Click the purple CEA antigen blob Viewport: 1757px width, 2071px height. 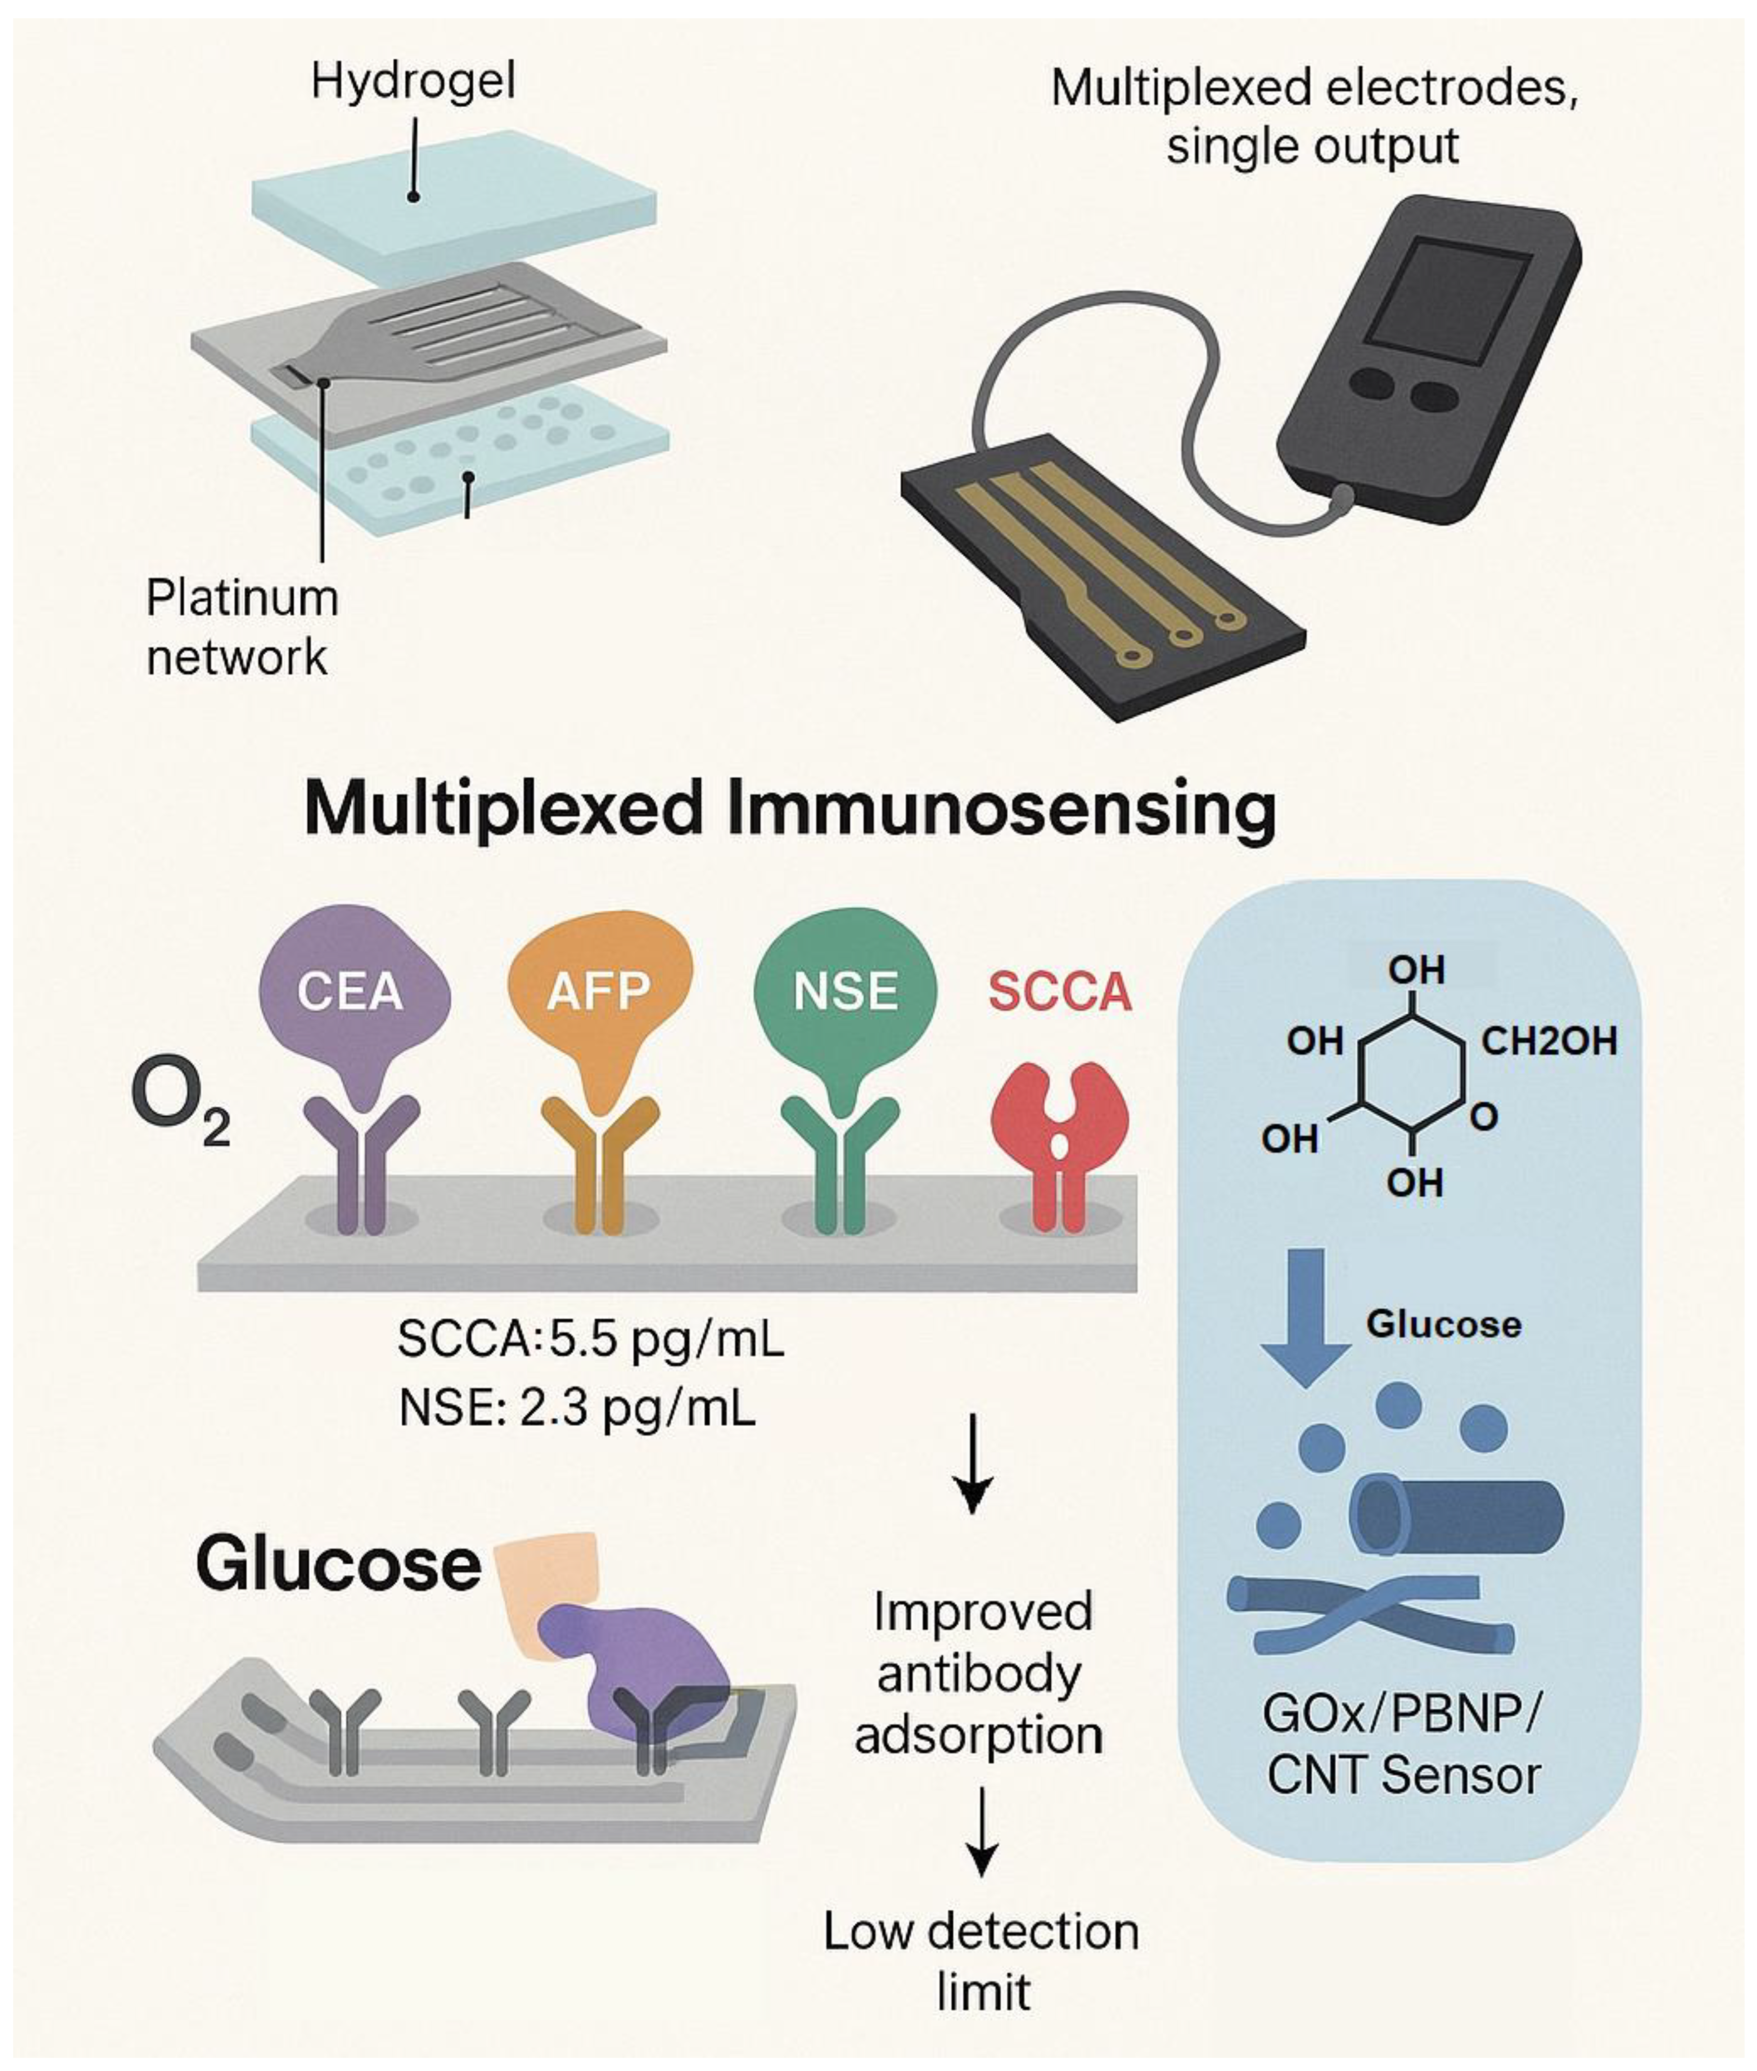coord(350,991)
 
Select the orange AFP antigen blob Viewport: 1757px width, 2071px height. coord(599,991)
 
